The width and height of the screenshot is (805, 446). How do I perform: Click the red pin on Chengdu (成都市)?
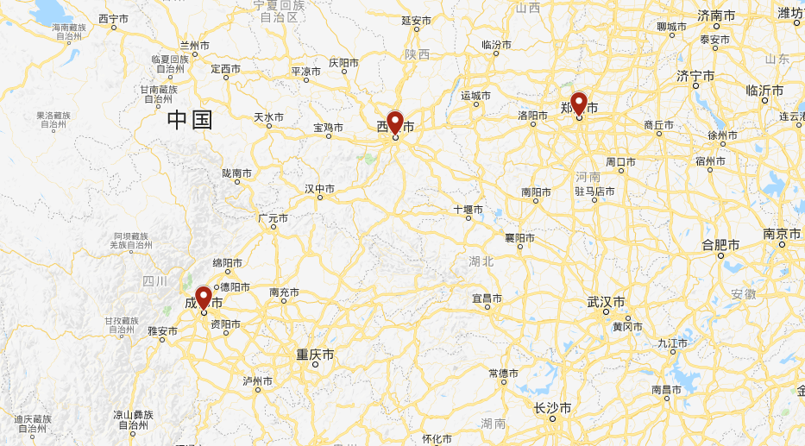(204, 297)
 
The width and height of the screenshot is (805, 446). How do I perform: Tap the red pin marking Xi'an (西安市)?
(395, 122)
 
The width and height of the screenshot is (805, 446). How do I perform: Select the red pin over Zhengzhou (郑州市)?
(579, 103)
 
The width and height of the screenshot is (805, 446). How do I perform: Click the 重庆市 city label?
(315, 355)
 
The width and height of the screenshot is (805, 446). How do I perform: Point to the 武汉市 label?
(607, 302)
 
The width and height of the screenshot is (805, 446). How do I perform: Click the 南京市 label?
(782, 234)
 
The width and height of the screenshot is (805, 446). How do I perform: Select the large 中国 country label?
(190, 120)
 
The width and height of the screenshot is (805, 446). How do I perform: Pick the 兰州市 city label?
(194, 45)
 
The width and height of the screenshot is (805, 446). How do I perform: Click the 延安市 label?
(416, 20)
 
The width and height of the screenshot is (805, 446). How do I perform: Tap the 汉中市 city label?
(319, 188)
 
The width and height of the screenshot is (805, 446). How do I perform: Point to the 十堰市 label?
(469, 209)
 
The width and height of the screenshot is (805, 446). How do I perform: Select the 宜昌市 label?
(487, 298)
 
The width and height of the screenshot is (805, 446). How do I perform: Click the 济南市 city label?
(716, 16)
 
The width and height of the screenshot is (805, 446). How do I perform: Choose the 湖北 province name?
(481, 261)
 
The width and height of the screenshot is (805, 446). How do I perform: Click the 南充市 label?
(284, 292)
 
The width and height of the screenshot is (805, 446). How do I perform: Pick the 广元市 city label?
(273, 219)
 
